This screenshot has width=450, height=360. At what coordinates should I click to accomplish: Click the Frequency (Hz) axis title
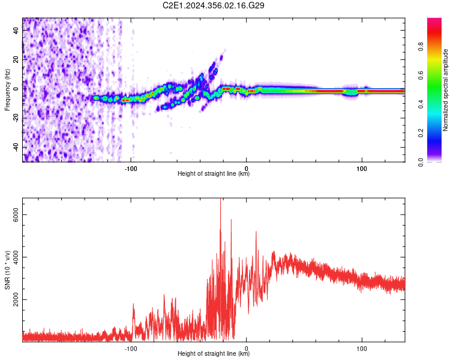tap(7, 90)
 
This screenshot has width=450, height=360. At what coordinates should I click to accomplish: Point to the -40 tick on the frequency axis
tap(16, 147)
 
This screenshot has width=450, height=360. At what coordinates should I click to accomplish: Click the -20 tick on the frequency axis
tap(16, 118)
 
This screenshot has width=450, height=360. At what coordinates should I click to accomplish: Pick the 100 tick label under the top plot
tap(362, 168)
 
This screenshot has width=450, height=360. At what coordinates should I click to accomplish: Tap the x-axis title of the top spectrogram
tap(214, 174)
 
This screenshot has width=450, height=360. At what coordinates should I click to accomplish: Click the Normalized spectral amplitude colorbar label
tap(446, 90)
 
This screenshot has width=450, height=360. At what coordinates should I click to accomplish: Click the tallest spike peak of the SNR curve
tap(220, 200)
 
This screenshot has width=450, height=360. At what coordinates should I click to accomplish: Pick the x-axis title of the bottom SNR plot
tap(214, 354)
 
